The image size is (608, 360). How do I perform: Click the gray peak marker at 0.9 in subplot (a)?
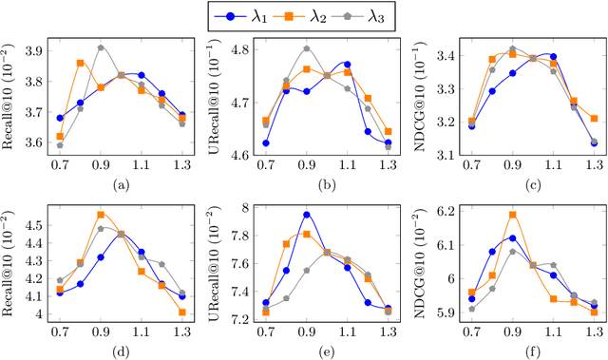101,47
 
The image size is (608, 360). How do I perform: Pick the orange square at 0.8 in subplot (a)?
80,63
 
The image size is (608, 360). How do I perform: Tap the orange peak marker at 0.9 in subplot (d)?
101,215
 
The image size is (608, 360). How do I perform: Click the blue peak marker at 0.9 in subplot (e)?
306,215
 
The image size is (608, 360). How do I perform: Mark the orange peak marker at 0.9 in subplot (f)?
512,215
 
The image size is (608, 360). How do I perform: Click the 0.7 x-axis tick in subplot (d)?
59,330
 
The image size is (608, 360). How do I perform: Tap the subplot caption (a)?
120,183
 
